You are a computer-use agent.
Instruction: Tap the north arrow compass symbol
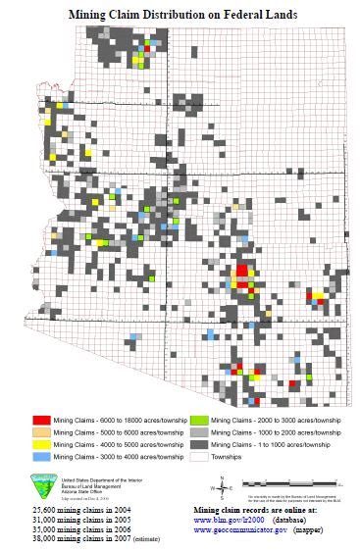click(224, 487)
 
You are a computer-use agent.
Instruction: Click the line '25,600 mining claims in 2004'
click(68, 511)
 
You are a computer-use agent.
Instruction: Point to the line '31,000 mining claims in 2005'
click(68, 521)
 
